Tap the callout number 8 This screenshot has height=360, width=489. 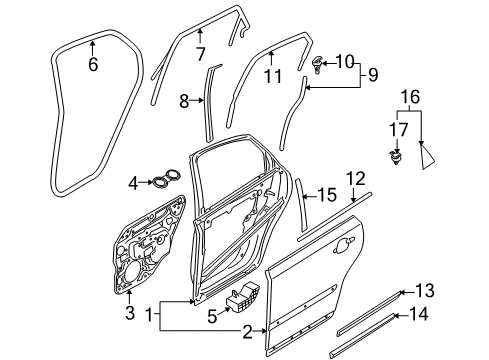point(184,100)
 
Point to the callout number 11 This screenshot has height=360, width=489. point(271,75)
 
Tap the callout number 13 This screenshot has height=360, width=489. point(425,292)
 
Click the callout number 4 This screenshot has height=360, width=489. point(134,182)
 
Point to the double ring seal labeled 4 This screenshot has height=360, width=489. point(164,181)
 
